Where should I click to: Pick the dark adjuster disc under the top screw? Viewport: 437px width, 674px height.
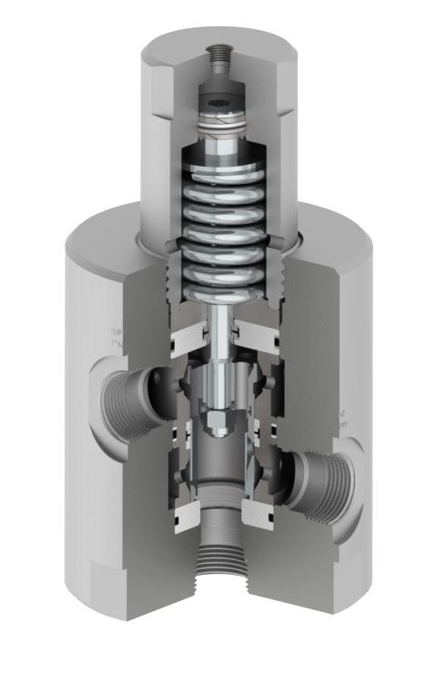220,97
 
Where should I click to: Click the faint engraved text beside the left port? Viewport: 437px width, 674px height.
116,338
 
